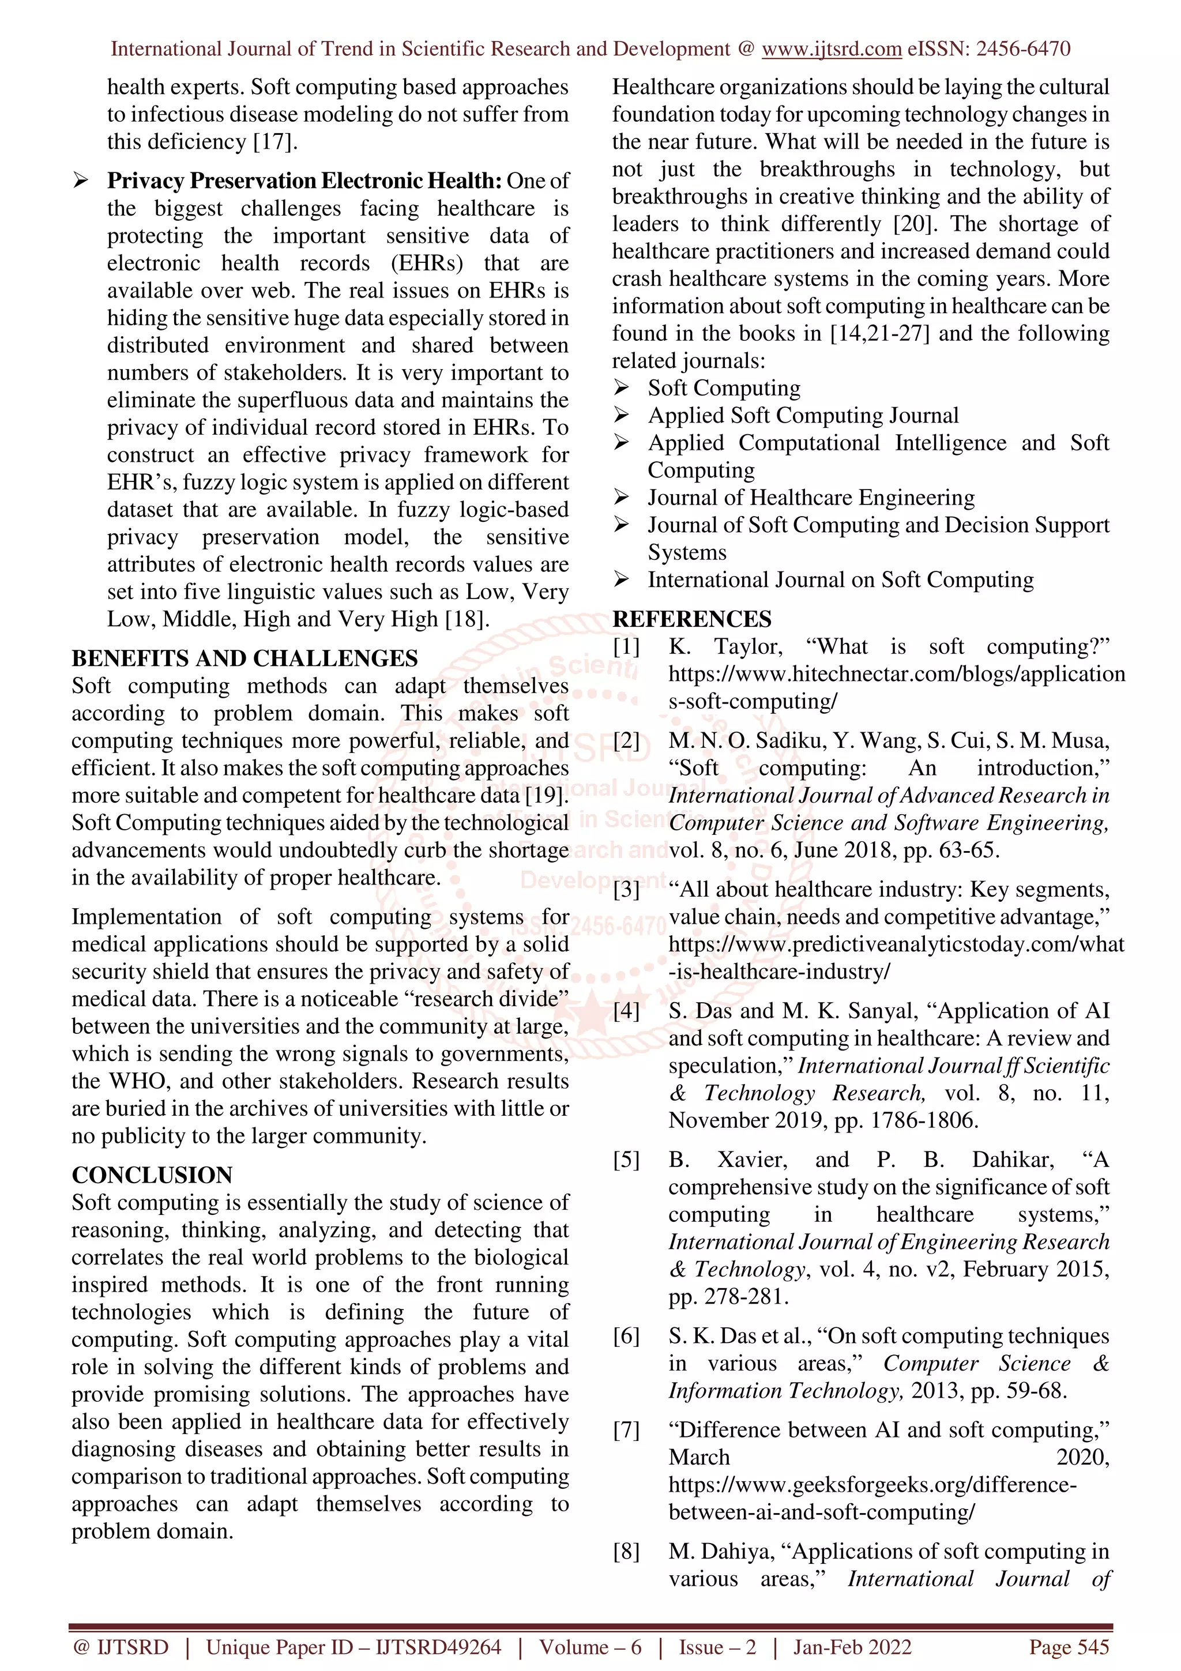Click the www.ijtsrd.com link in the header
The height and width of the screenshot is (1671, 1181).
[x=831, y=49]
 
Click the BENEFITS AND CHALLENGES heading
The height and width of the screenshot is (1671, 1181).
[x=245, y=658]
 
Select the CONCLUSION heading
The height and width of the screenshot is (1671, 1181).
[x=152, y=1175]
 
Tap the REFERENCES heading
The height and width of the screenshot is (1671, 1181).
[x=691, y=619]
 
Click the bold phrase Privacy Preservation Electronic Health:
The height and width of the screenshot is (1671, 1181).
[x=304, y=180]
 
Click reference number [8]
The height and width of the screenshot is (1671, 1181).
[x=626, y=1551]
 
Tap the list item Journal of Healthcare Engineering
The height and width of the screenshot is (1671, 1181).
[x=811, y=498]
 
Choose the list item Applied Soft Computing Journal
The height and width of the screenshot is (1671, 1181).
[x=803, y=416]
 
